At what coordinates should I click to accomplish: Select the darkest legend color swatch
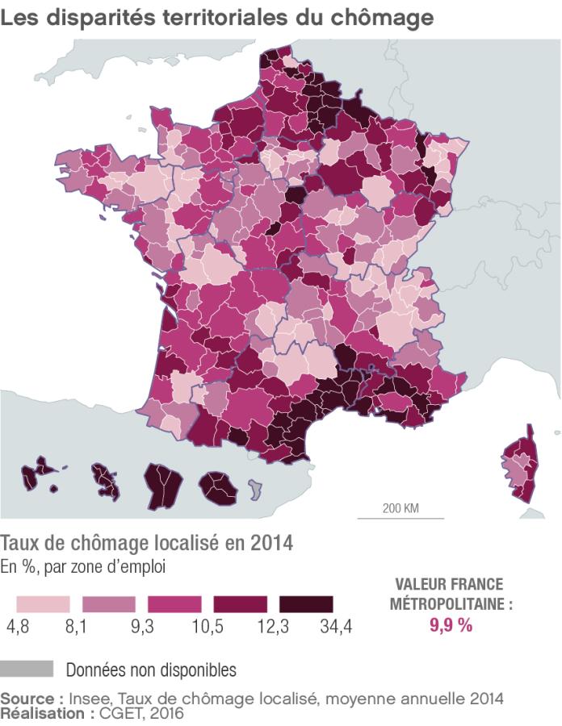click(x=305, y=604)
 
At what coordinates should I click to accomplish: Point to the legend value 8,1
click(x=77, y=628)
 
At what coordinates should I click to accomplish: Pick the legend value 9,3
click(x=142, y=628)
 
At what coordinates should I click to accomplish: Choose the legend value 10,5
click(x=208, y=628)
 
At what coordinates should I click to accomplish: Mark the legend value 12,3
click(x=273, y=628)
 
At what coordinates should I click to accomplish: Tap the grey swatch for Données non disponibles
click(x=27, y=669)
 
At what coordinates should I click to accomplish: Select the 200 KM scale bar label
click(x=401, y=508)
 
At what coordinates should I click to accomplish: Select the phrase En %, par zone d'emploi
click(x=82, y=566)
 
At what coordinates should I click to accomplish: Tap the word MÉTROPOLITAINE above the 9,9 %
click(x=451, y=603)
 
